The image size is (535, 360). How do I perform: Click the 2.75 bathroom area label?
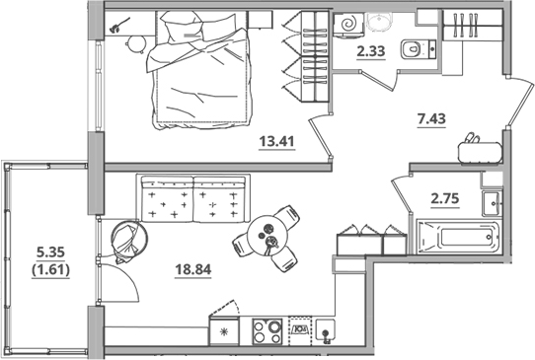pyautogui.click(x=445, y=197)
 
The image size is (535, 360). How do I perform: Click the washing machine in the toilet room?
pyautogui.click(x=350, y=26)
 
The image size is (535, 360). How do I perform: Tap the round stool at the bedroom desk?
pyautogui.click(x=136, y=39)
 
